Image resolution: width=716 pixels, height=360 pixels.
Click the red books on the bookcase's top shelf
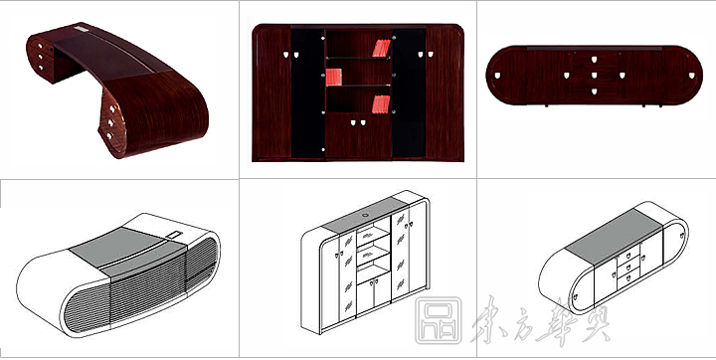click(x=380, y=48)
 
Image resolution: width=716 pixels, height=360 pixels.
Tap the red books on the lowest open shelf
click(x=380, y=102)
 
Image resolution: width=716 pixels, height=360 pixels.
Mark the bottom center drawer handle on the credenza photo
click(x=593, y=90)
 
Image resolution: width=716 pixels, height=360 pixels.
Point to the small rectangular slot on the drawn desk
click(x=175, y=236)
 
